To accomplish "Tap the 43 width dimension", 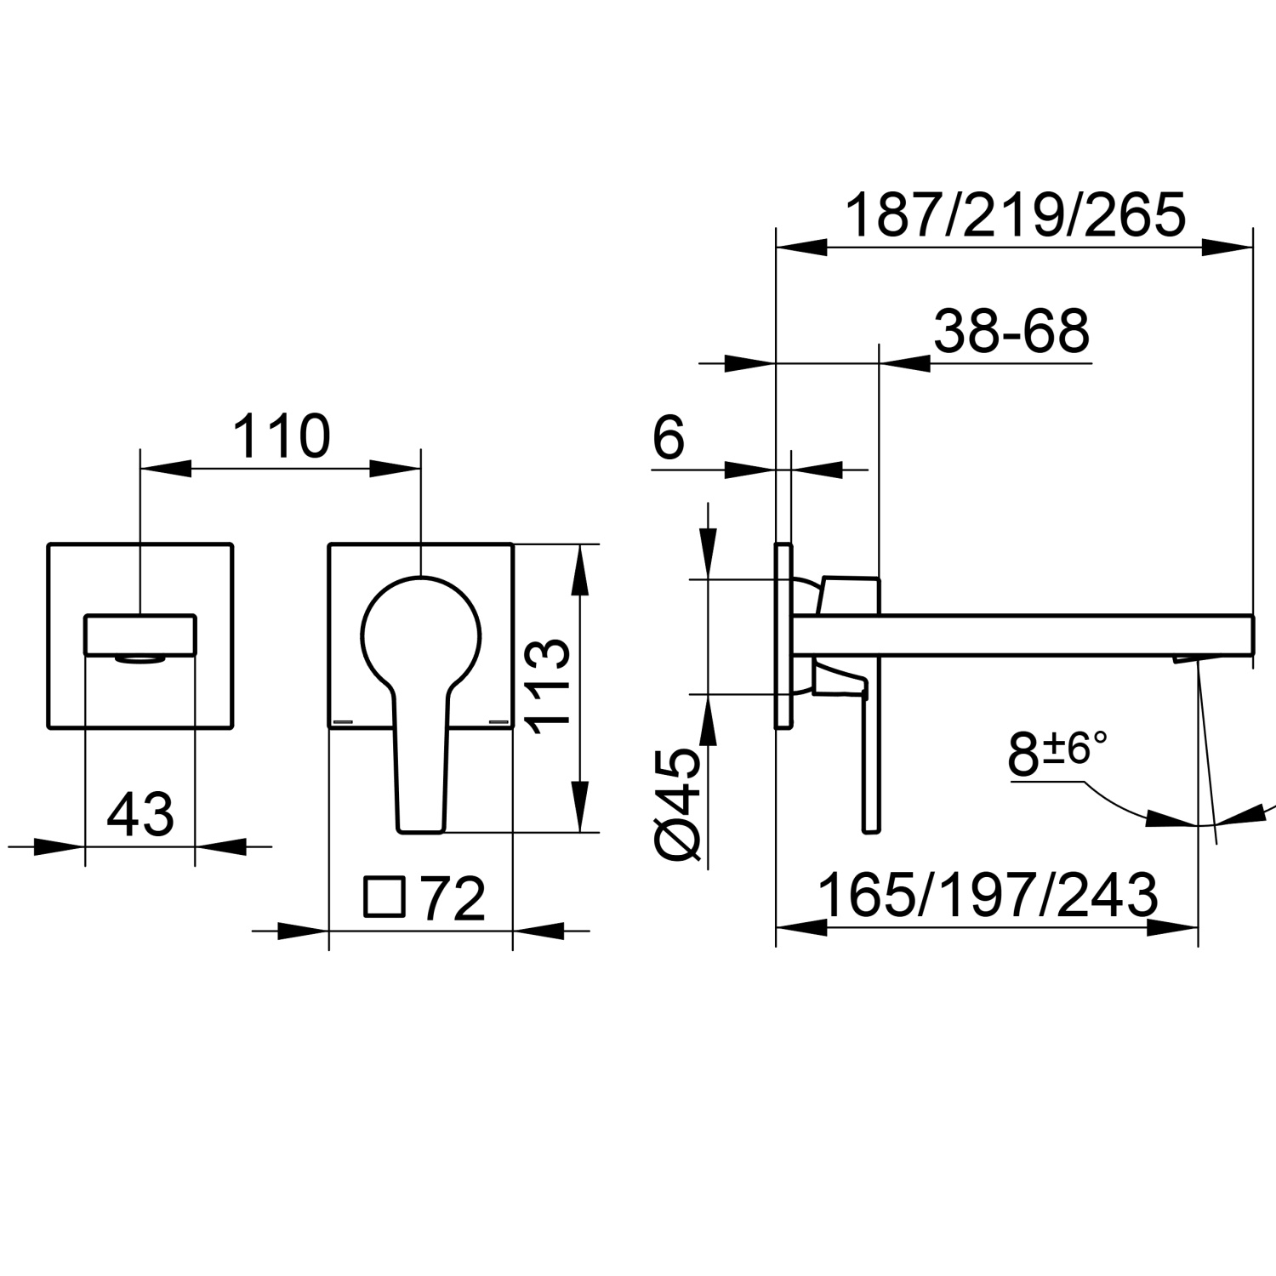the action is tap(140, 813).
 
